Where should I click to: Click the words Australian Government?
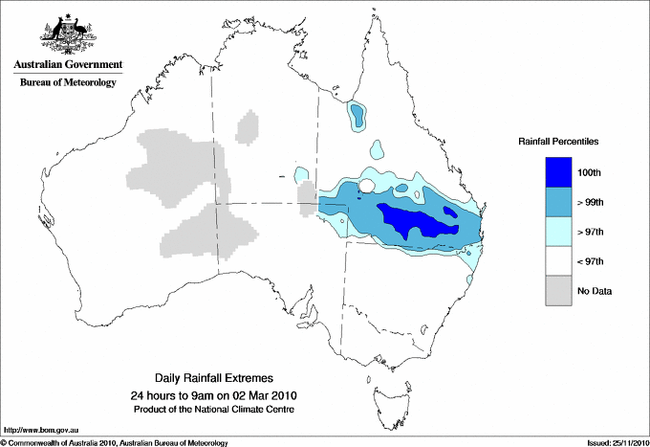coord(64,66)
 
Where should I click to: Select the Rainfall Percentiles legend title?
coord(558,141)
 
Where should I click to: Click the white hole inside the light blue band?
coord(367,186)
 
